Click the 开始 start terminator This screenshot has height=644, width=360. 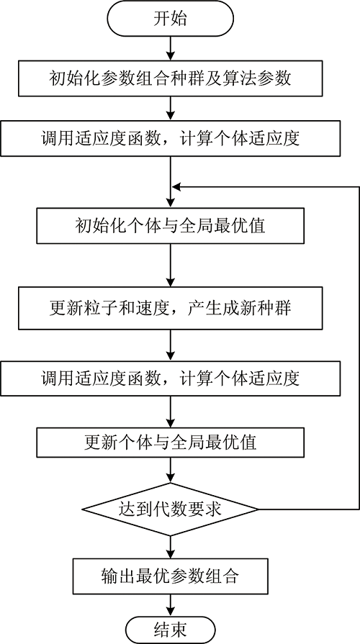coord(170,19)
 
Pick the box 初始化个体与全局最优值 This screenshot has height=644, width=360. coord(170,225)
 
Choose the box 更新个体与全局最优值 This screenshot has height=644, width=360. coord(170,443)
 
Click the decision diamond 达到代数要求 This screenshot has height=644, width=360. coord(170,509)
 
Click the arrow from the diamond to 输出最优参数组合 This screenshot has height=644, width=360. coord(170,547)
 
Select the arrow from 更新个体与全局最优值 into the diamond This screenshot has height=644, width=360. coord(170,471)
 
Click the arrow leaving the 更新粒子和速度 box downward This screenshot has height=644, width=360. coord(170,345)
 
